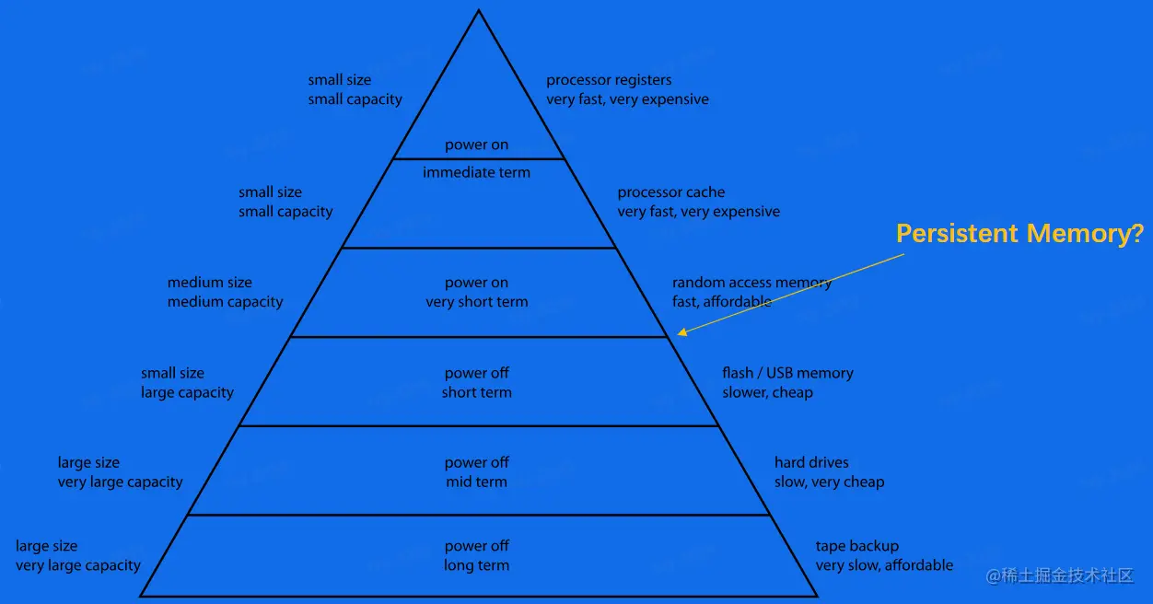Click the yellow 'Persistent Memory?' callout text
[1019, 234]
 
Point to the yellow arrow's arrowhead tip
[678, 334]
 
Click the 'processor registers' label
[609, 80]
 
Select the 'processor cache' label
[670, 192]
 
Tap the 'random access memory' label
[751, 283]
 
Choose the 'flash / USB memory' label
[787, 373]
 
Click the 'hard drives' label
[811, 462]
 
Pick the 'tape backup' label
[856, 546]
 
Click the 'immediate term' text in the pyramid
[476, 172]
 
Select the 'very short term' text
[476, 302]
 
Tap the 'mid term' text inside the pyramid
[476, 482]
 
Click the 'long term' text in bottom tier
[476, 565]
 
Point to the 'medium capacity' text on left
[225, 302]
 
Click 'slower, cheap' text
[767, 392]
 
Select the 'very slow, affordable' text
[884, 565]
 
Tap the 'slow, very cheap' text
[829, 482]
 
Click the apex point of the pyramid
[479, 11]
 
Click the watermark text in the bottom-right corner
[1059, 575]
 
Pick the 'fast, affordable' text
[721, 302]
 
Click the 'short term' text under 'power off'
[476, 392]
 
